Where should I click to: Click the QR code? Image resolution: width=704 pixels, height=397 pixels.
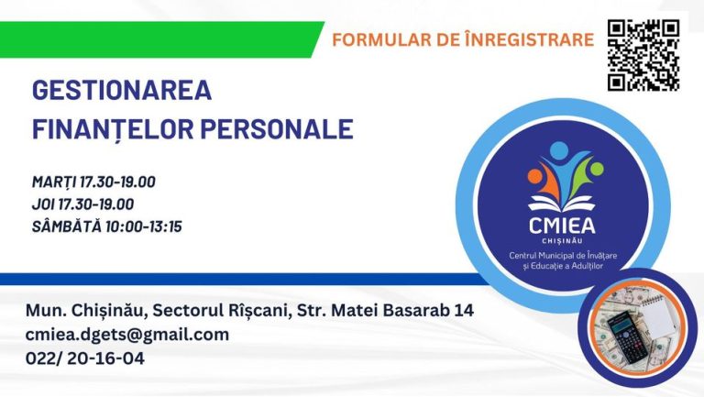[643, 55]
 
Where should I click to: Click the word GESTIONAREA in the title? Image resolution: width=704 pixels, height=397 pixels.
[122, 90]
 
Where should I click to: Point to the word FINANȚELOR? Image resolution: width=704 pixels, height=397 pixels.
[113, 129]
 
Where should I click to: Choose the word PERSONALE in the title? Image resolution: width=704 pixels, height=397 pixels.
[277, 129]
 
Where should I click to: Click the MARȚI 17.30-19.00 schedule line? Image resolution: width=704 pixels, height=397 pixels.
[93, 182]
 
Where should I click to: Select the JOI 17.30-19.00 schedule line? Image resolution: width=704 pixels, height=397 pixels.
[82, 204]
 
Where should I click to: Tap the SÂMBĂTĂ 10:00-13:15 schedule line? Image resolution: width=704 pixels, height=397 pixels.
[107, 226]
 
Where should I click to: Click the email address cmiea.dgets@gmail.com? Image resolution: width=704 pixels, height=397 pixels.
[127, 335]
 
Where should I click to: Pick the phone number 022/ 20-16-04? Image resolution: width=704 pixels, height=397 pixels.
[85, 358]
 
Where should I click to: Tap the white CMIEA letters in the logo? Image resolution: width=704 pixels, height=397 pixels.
[562, 226]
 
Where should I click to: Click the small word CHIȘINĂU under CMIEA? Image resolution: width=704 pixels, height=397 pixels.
[562, 241]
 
